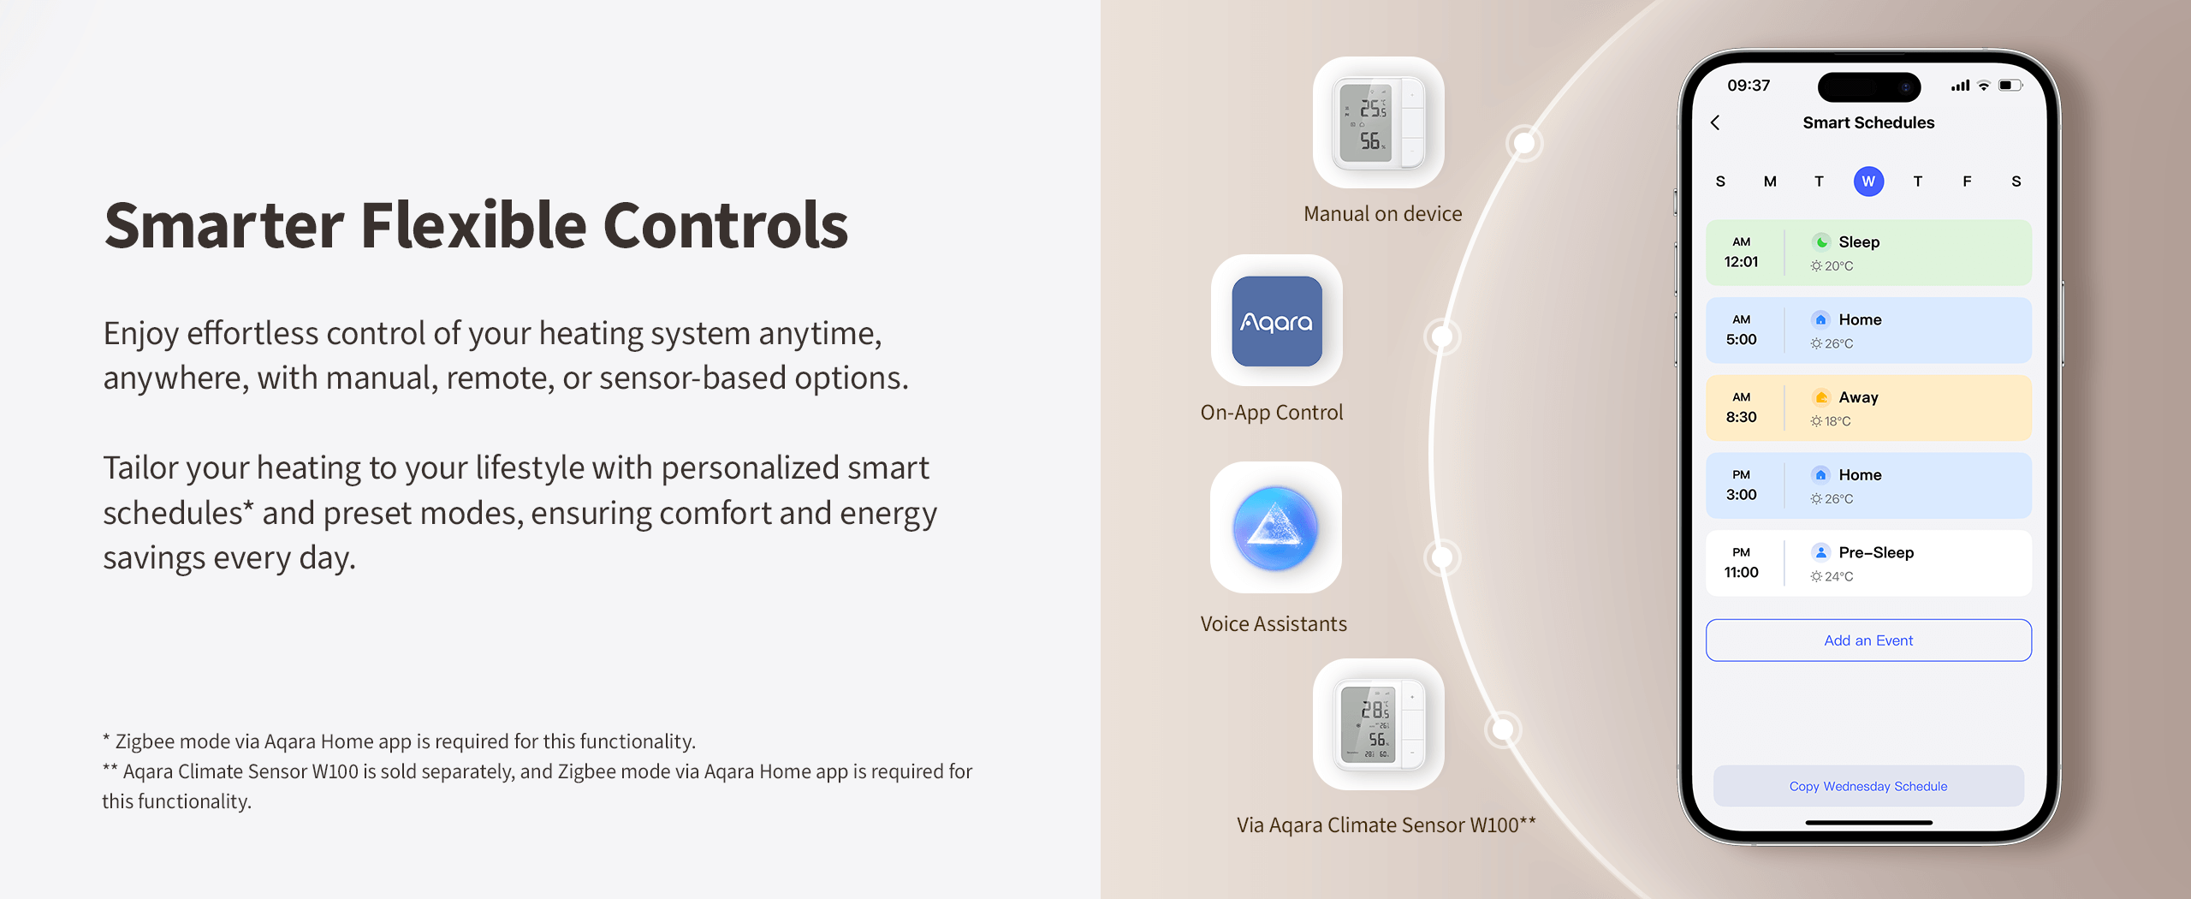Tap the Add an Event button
(1868, 640)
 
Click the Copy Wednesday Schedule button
(1868, 786)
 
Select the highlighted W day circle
(1868, 182)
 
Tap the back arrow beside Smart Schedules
(1715, 122)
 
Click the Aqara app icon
(1277, 321)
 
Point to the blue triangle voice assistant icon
(1275, 527)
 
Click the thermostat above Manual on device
(1379, 122)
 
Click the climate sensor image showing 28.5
(1379, 723)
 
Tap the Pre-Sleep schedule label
(1876, 552)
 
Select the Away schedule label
(1858, 397)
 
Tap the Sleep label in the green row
(1859, 242)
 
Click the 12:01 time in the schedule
(1741, 262)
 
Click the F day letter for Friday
(1967, 182)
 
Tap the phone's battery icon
(2010, 86)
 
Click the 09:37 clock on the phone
(1749, 86)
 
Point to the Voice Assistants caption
(1274, 624)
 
